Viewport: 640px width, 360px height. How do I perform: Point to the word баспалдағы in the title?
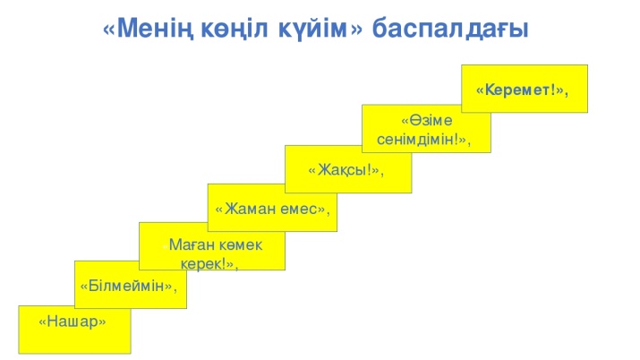(450, 30)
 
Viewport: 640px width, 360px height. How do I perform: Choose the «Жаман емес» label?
(270, 209)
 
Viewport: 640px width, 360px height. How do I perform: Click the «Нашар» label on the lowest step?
(73, 321)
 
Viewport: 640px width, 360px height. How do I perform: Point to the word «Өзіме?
(427, 120)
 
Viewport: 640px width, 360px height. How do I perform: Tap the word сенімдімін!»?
(422, 140)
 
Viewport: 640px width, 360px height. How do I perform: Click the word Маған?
(192, 244)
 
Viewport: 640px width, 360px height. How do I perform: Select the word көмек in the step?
(241, 244)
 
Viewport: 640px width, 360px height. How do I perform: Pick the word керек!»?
(208, 264)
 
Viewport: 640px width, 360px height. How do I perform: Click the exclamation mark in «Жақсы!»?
(370, 169)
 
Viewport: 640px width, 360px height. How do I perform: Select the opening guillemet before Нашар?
(42, 322)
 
